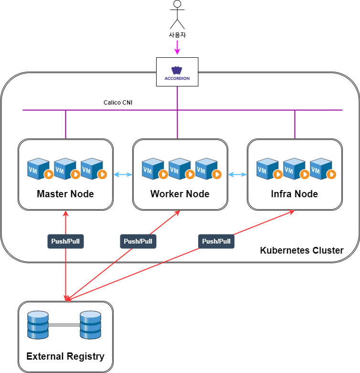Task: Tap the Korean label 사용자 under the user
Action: pyautogui.click(x=178, y=35)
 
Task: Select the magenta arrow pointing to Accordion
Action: pyautogui.click(x=178, y=47)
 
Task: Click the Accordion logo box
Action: pyautogui.click(x=177, y=72)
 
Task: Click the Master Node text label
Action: pyautogui.click(x=65, y=194)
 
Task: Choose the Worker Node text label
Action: pyautogui.click(x=180, y=194)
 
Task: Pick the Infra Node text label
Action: pyautogui.click(x=294, y=194)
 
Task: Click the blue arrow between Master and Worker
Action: pyautogui.click(x=123, y=175)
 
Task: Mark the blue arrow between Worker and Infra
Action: pyautogui.click(x=237, y=175)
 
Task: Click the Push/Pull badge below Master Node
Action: pyautogui.click(x=65, y=241)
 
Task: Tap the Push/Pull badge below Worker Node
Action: pyautogui.click(x=138, y=241)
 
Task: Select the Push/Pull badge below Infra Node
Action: pyautogui.click(x=216, y=241)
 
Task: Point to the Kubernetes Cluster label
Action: pyautogui.click(x=301, y=250)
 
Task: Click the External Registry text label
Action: pyautogui.click(x=65, y=356)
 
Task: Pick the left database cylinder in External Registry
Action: pyautogui.click(x=38, y=325)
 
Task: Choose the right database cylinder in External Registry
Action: pyautogui.click(x=91, y=325)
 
